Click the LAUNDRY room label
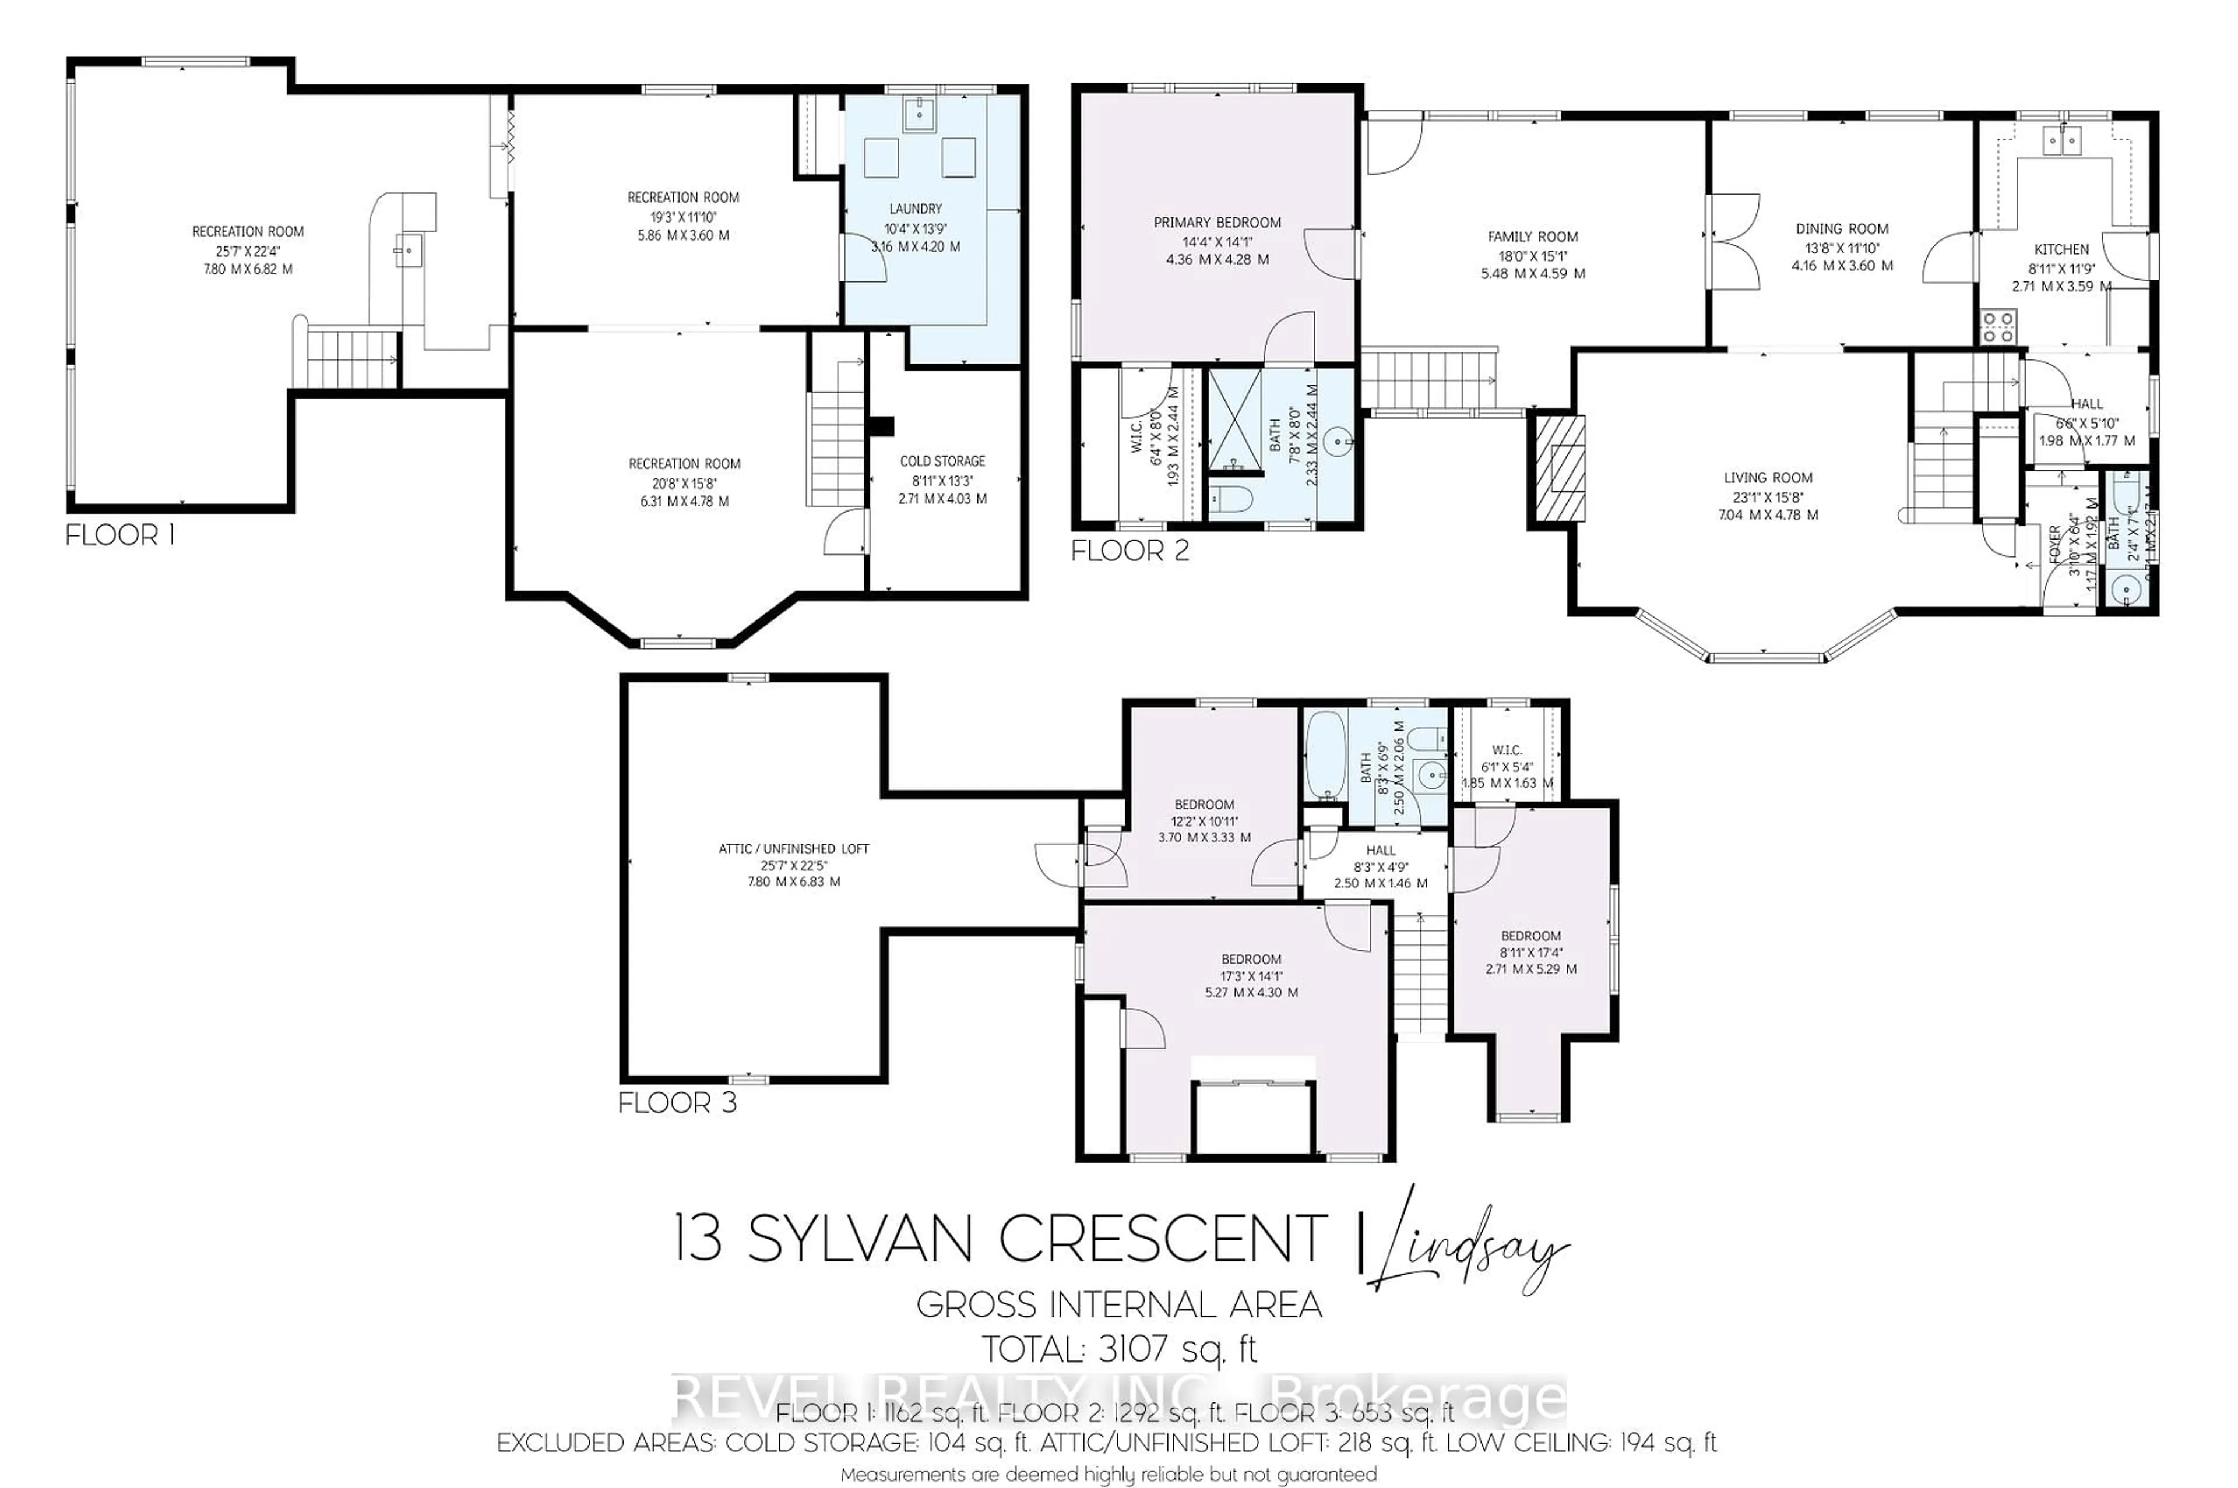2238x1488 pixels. pos(915,209)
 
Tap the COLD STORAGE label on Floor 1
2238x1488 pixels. pos(942,461)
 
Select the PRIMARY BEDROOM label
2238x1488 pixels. pos(1217,222)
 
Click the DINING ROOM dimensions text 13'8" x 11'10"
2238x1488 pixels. pos(1841,248)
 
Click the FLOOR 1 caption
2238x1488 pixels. pos(119,535)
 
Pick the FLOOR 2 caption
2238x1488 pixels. pos(1129,551)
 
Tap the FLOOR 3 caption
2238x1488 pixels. pos(677,1103)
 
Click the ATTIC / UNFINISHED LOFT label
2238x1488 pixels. pos(793,848)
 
